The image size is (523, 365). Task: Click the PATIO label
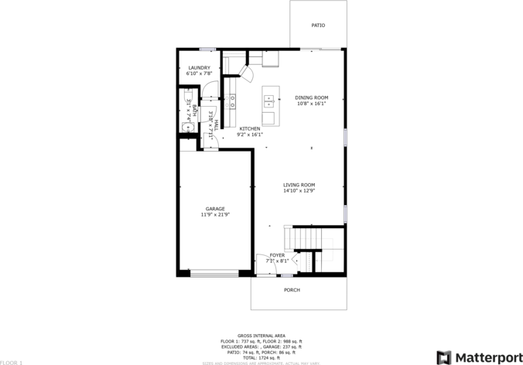click(318, 26)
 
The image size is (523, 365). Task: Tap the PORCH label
click(292, 290)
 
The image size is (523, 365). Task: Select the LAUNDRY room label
click(200, 68)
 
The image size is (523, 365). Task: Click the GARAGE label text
click(215, 209)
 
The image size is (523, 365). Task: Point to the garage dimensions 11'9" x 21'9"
click(215, 215)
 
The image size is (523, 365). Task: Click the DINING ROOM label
click(312, 97)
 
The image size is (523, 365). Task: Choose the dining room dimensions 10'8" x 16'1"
click(312, 104)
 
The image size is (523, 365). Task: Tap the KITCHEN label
click(249, 128)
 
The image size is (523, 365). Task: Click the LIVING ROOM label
click(299, 185)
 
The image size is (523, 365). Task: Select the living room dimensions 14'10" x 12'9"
click(299, 191)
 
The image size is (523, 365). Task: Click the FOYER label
click(277, 255)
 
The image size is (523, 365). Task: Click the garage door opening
click(215, 273)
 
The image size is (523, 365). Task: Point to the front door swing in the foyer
click(263, 263)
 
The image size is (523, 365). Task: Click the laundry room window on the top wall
click(207, 49)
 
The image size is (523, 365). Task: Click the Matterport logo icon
click(443, 357)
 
